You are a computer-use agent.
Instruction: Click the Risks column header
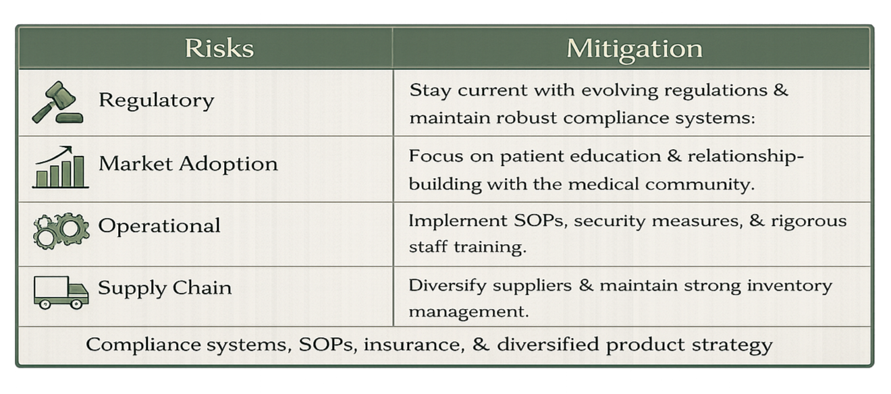219,49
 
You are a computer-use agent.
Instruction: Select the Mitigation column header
634,49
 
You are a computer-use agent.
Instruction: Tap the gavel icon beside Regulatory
57,103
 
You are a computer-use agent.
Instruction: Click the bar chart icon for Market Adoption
60,167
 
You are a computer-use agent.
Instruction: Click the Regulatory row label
156,101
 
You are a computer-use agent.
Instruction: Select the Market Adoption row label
188,164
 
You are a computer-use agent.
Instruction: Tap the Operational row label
159,225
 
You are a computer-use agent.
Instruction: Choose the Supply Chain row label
165,288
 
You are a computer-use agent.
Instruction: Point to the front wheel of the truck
76,304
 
